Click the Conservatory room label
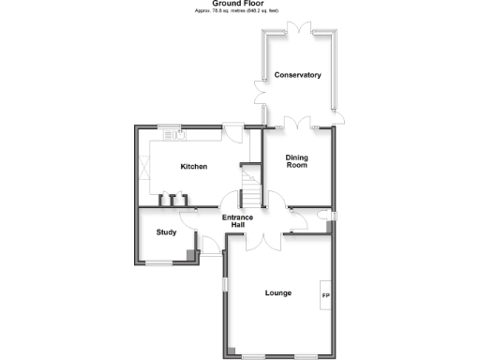pos(297,75)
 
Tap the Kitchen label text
pos(194,166)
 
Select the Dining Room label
pos(296,160)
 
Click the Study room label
pos(167,232)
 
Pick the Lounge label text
pos(277,292)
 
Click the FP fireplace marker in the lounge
pos(325,297)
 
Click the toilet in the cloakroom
pos(324,217)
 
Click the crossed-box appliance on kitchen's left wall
pos(144,172)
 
